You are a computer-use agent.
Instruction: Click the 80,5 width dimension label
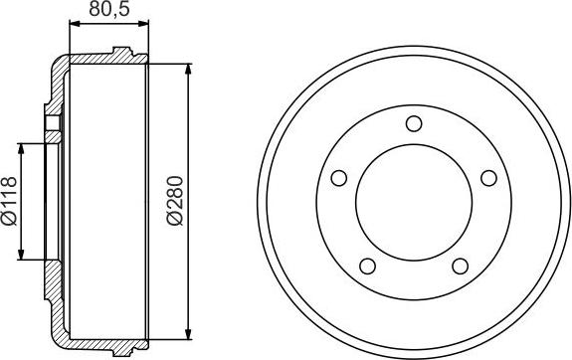(109, 9)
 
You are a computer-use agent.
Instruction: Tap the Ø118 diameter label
(10, 201)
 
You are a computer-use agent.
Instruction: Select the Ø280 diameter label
(175, 201)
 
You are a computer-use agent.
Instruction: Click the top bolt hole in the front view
(414, 123)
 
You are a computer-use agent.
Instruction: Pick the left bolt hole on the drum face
(339, 178)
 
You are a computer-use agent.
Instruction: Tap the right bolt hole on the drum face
(488, 178)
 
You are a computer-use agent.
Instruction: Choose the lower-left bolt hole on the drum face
(367, 266)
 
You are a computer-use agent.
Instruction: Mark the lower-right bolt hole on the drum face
(460, 266)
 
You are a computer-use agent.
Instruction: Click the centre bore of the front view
(414, 203)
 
